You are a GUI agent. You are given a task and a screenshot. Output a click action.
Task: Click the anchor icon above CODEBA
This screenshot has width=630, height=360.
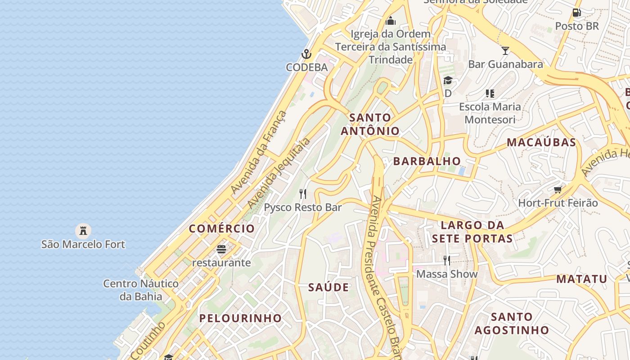pos(306,54)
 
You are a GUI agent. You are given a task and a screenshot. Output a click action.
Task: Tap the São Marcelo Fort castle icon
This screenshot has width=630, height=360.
pos(83,231)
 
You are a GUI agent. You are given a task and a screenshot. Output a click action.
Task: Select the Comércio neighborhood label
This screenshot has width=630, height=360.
pos(222,229)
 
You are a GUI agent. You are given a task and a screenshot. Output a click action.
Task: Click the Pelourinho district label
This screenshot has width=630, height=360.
pos(240,318)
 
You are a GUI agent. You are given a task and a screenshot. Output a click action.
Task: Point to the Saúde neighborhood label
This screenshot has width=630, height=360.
pos(328,288)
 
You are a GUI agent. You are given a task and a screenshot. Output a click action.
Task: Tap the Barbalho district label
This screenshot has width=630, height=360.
pos(427,161)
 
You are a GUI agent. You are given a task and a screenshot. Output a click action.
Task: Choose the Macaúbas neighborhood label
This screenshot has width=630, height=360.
pos(541,142)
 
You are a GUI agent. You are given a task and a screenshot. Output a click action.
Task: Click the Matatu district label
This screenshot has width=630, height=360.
pos(582,279)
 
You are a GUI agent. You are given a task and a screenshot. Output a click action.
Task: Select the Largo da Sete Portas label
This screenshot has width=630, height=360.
pos(472,232)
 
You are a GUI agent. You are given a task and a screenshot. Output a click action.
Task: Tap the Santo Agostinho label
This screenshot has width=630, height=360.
pos(512,324)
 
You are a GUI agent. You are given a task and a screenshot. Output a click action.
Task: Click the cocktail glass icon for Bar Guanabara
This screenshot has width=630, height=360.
pos(505,50)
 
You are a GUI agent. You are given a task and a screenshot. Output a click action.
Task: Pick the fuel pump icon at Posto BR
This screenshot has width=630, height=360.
pos(576,13)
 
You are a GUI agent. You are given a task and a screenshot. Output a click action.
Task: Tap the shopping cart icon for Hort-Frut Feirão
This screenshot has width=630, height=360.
pos(558,189)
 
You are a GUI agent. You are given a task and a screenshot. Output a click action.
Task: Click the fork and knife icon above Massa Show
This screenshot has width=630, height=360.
pos(446,260)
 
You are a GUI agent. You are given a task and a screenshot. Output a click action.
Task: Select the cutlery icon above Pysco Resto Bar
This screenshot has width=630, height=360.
pos(303,194)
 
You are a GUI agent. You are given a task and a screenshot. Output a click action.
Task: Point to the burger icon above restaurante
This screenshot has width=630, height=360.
pos(221,249)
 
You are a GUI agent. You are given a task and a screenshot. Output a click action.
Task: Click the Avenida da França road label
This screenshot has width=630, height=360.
pos(258,152)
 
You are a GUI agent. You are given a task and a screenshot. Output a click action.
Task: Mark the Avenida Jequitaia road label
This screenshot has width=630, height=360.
pos(279,173)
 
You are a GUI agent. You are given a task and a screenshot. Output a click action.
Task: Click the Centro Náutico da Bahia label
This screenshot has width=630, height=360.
pos(141,290)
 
